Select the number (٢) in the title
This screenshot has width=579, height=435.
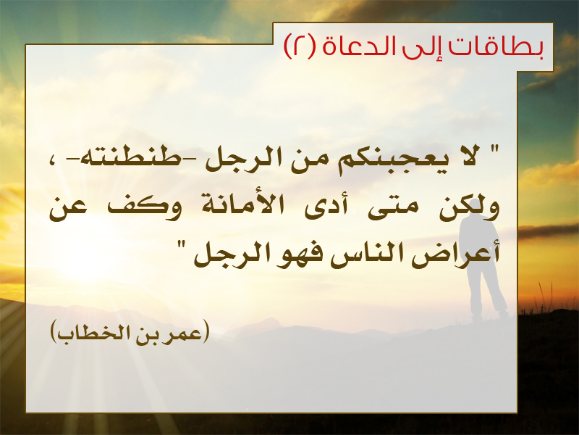coord(300,47)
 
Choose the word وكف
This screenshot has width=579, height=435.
coord(144,207)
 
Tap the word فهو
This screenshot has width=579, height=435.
coord(295,255)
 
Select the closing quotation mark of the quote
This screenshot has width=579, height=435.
coord(181,245)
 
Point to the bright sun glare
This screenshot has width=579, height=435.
coord(85,255)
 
